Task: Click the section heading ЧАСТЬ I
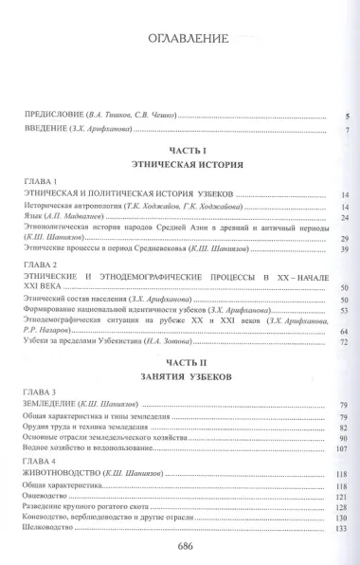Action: coord(179,151)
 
